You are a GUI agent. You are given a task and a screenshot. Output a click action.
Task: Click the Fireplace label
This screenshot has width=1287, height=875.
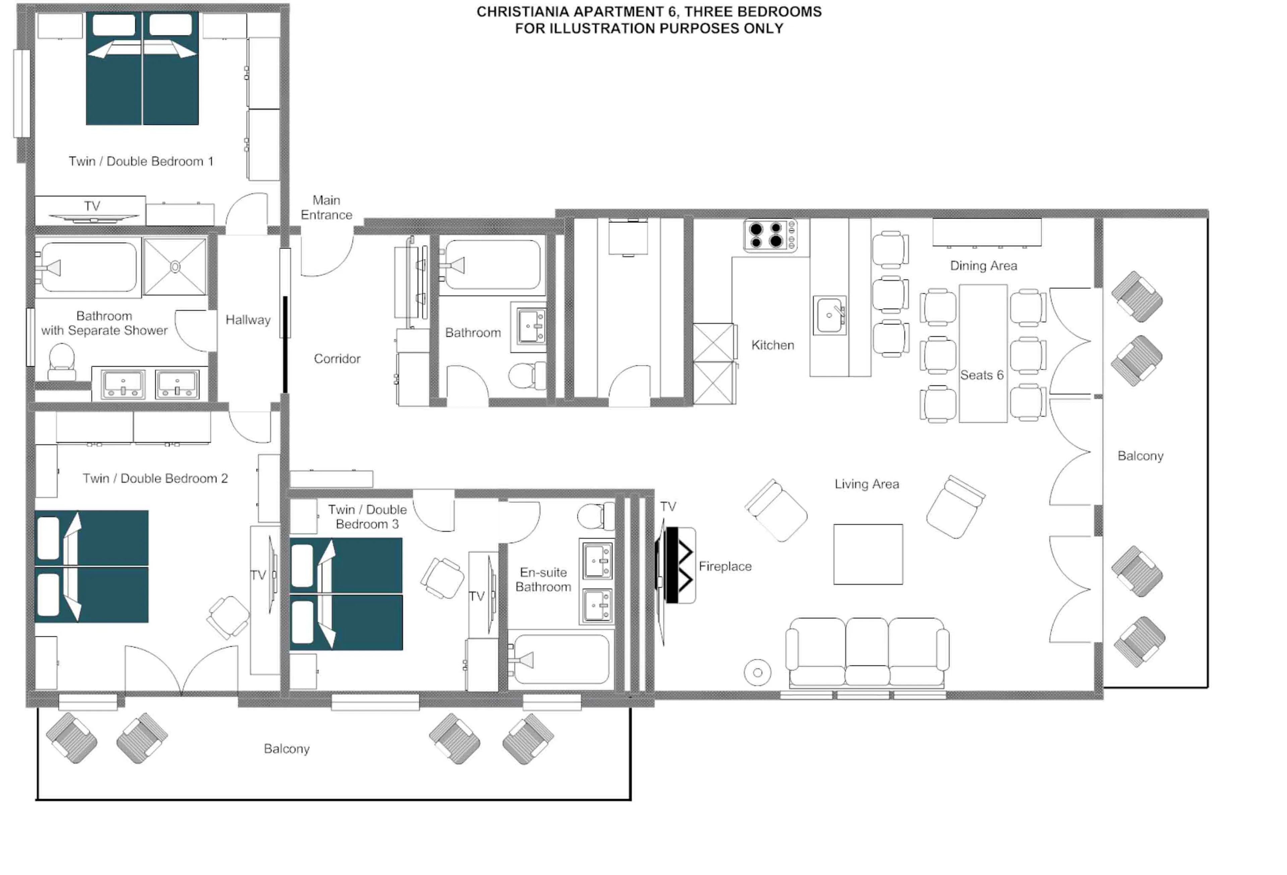(x=725, y=566)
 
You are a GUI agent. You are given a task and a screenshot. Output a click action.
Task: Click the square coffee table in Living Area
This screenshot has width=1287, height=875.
(x=868, y=554)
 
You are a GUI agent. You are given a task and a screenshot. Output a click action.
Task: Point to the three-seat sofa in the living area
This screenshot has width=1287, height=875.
(x=867, y=652)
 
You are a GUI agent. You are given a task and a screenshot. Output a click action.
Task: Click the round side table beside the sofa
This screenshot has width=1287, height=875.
(x=757, y=672)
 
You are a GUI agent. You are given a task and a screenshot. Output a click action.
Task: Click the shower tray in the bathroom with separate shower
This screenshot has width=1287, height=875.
(x=175, y=267)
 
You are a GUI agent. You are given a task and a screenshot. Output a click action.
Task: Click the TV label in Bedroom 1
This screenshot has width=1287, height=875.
(x=92, y=206)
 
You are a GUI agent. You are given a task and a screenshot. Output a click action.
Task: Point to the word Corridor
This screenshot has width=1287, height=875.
(x=337, y=359)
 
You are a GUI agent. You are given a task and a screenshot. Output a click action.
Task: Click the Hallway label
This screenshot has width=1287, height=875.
(x=248, y=319)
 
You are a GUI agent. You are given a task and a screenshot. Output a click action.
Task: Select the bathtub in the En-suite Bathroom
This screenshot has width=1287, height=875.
(x=560, y=659)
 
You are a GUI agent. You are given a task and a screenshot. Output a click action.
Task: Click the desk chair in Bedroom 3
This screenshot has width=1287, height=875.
(x=442, y=578)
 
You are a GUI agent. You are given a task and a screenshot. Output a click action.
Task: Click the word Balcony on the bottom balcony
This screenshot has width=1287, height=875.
(x=286, y=749)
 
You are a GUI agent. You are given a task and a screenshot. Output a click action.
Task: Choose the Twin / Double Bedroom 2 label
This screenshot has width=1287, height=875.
(x=155, y=478)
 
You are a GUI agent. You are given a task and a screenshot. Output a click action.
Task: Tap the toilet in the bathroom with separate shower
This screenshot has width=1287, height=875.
(x=61, y=361)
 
